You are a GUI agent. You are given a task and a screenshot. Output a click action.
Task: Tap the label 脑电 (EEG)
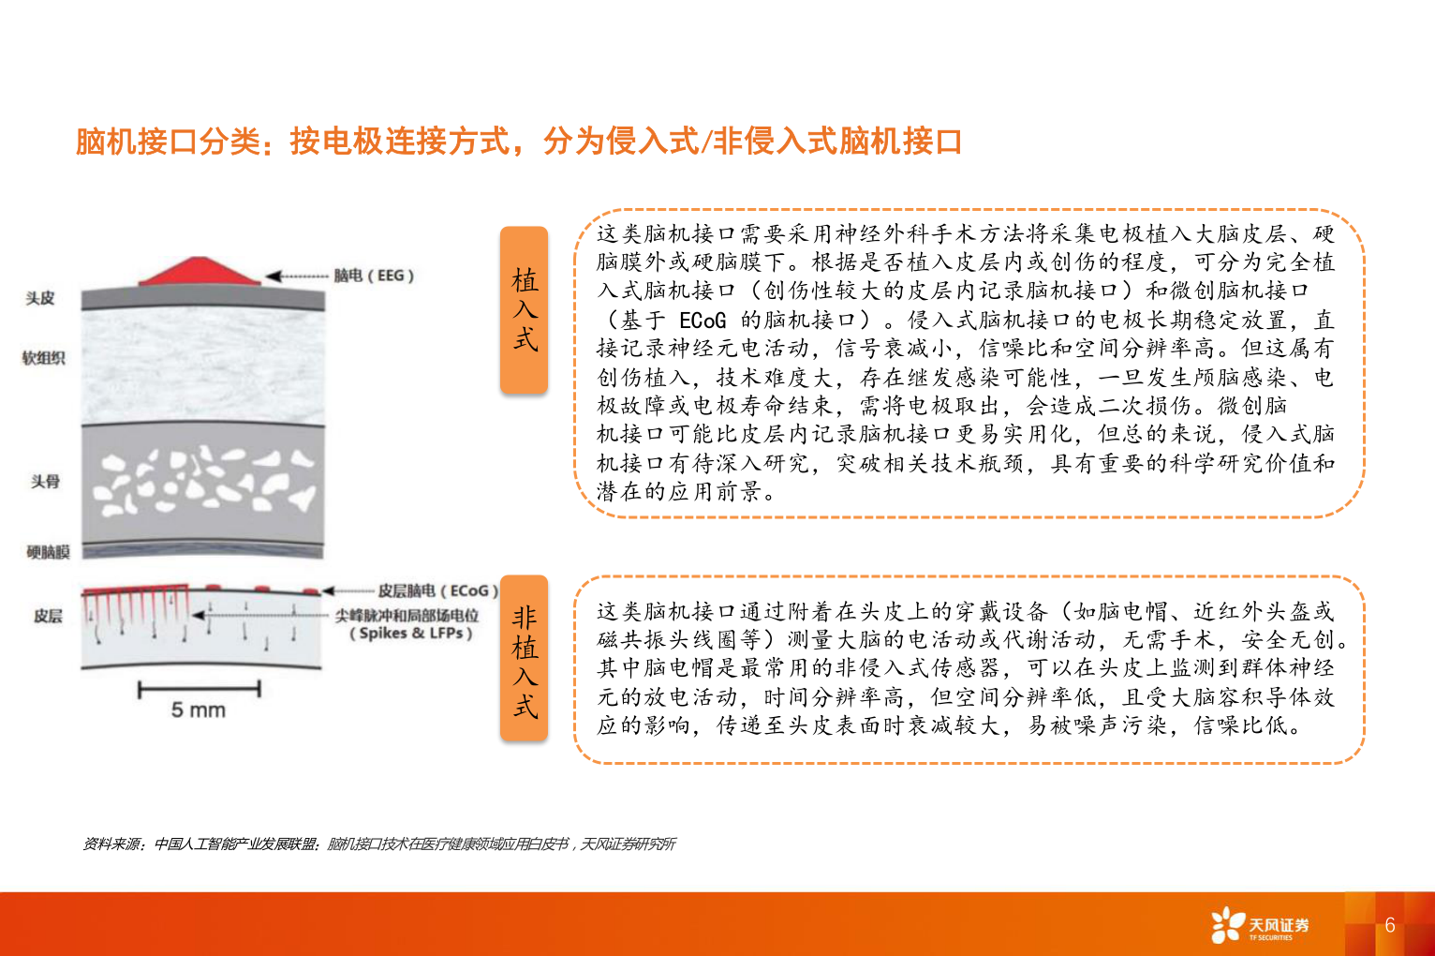point(374,276)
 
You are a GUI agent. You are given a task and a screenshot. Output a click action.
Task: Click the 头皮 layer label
point(40,298)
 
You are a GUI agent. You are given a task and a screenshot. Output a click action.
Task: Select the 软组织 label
point(44,357)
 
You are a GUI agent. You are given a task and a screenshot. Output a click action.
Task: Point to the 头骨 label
point(45,481)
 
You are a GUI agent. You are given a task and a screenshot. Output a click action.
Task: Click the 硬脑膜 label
point(48,552)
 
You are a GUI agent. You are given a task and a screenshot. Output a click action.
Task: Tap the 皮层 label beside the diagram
point(48,616)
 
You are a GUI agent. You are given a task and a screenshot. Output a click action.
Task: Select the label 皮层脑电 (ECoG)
point(437,590)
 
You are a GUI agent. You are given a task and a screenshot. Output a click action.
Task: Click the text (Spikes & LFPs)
point(410,634)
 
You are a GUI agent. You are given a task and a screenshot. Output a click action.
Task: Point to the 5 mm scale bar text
point(199,710)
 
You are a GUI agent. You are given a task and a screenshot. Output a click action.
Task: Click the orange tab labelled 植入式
point(524,309)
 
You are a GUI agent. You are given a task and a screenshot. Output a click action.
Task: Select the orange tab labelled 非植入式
point(524,660)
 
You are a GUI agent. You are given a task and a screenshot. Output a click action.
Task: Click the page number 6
point(1390,925)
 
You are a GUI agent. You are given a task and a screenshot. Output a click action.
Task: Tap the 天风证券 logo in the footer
point(1260,925)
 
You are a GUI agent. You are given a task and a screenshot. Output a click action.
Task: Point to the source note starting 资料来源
point(378,844)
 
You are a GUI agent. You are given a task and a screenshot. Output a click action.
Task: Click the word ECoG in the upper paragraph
point(703,321)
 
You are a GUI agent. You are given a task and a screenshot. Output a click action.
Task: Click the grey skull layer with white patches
point(203,483)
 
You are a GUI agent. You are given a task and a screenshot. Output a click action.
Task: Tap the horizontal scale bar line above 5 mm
point(199,690)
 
